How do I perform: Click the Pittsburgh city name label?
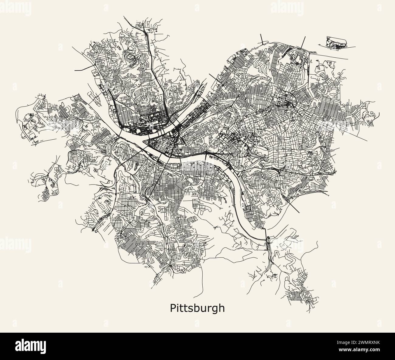(x=197, y=308)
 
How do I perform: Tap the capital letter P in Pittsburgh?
(x=172, y=308)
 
